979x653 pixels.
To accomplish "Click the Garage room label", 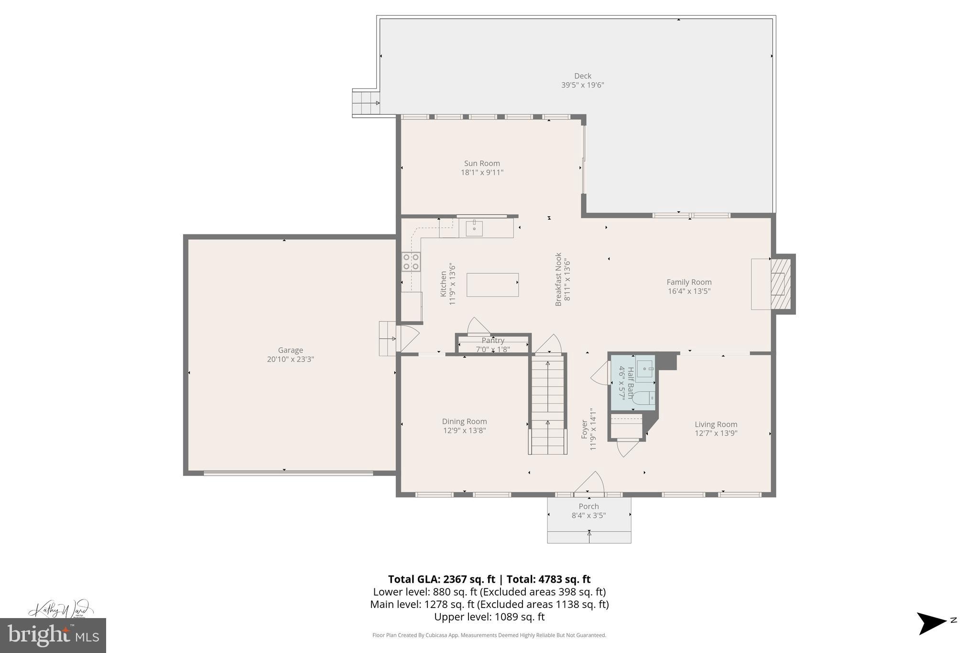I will pyautogui.click(x=290, y=350).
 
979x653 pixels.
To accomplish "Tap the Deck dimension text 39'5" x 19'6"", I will pyautogui.click(x=582, y=85).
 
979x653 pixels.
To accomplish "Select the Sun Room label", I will pyautogui.click(x=482, y=163).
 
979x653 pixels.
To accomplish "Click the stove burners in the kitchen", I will pyautogui.click(x=411, y=262).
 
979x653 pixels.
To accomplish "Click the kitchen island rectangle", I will pyautogui.click(x=492, y=285).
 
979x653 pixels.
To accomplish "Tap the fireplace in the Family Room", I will pyautogui.click(x=779, y=284).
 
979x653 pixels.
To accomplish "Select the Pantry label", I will pyautogui.click(x=493, y=340).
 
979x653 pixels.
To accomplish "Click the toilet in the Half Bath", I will pyautogui.click(x=643, y=398).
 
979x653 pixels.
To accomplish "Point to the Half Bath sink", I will pyautogui.click(x=645, y=369).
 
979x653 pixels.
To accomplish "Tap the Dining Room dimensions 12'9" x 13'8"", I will pyautogui.click(x=464, y=431).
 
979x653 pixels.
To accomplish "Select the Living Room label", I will pyautogui.click(x=716, y=424).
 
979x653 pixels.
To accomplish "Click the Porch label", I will pyautogui.click(x=588, y=506).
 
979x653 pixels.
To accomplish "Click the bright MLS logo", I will pyautogui.click(x=53, y=635).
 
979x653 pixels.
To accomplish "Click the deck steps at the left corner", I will pyautogui.click(x=366, y=103).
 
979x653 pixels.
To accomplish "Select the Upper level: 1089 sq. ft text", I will pyautogui.click(x=489, y=617).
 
